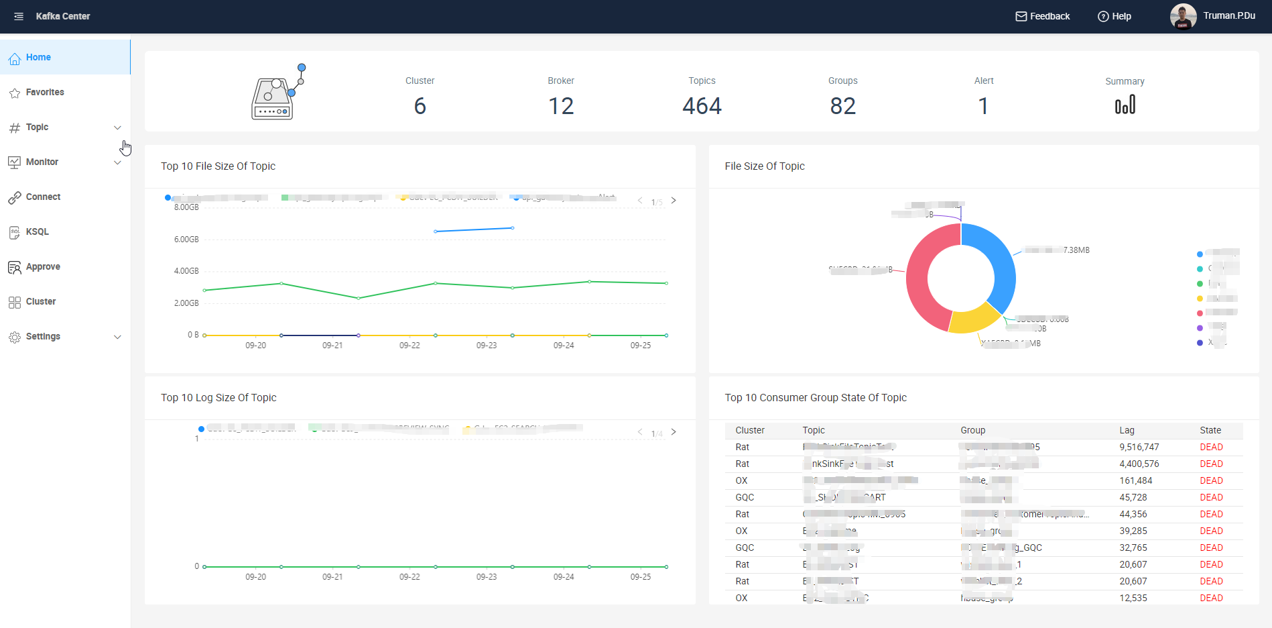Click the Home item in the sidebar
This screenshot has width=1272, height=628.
pos(38,57)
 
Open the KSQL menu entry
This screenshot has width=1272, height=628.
pos(37,231)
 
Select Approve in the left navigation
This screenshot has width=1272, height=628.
pos(43,266)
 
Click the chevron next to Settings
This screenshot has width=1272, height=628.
pos(117,337)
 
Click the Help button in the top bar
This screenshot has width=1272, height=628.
pos(1114,16)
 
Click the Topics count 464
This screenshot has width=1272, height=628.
pos(702,106)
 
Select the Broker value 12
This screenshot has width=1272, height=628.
pos(561,106)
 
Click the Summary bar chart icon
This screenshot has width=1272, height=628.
pos(1125,105)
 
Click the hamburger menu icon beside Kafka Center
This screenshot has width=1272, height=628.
pos(19,16)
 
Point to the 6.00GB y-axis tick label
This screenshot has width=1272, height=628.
pos(186,240)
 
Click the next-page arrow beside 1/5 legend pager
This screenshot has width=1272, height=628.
pos(674,201)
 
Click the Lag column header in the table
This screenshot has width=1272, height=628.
pos(1127,430)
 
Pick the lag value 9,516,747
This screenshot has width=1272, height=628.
pos(1139,447)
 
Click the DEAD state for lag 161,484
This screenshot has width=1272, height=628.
pos(1211,480)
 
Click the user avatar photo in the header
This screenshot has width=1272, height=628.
pos(1183,16)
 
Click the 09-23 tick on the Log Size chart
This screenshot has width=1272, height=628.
pos(487,577)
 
